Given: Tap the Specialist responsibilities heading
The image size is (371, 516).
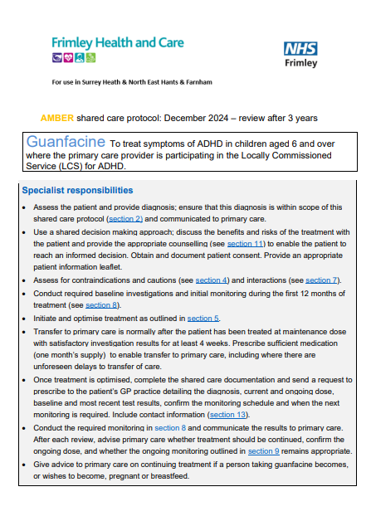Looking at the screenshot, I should (x=77, y=190).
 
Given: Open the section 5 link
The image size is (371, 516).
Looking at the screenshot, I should (x=203, y=318).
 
